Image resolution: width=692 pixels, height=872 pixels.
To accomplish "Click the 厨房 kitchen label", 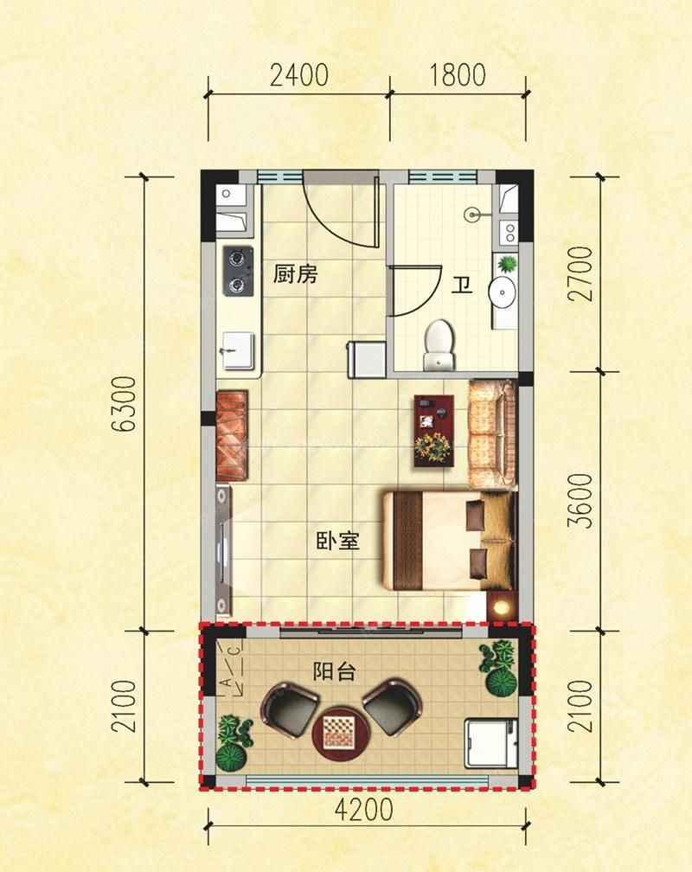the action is (x=295, y=275).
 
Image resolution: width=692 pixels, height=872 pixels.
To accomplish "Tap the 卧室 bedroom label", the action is (x=337, y=541).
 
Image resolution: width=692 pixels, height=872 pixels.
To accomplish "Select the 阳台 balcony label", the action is (x=334, y=672).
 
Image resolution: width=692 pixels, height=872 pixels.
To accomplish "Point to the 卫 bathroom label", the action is (x=462, y=285).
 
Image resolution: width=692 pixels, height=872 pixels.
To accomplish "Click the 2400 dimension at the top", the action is (x=299, y=75).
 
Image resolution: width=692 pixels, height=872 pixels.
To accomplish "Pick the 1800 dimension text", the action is (x=458, y=75).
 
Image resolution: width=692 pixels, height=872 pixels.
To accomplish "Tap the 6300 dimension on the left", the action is (x=124, y=404).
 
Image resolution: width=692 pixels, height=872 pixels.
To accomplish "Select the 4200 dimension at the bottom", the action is (x=364, y=810).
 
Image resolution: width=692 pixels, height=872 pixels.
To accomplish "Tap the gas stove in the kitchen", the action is (x=238, y=272).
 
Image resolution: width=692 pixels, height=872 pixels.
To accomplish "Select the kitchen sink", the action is (x=239, y=351).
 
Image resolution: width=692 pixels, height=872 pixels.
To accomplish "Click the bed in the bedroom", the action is (x=448, y=540).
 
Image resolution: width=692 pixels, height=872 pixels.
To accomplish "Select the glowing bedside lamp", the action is (x=501, y=606).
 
